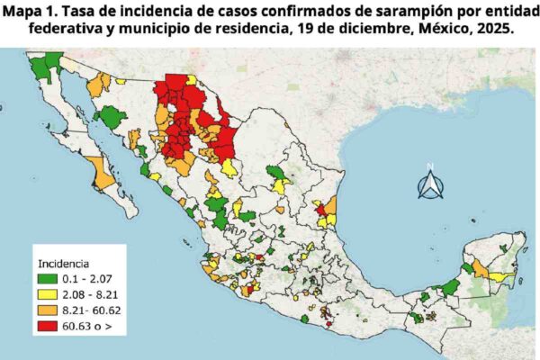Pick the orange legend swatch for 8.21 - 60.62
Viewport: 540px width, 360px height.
point(48,310)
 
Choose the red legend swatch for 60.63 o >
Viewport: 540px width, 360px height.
point(48,324)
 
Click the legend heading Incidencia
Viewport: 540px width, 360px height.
point(62,265)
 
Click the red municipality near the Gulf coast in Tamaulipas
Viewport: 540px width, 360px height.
point(320,211)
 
